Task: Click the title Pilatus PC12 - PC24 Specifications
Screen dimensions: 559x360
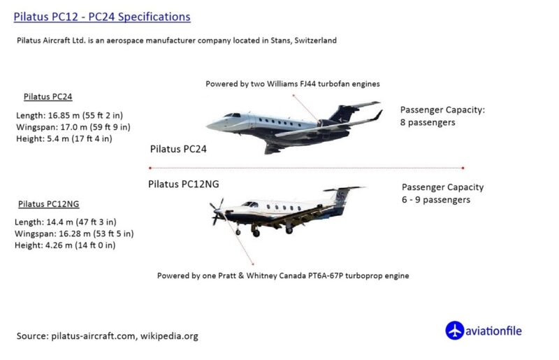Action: click(102, 17)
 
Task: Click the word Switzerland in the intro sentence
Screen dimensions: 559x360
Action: click(316, 41)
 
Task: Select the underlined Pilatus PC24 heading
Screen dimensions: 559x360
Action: click(48, 96)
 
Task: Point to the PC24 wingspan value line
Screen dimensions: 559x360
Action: click(73, 127)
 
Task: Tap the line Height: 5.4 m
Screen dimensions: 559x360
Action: click(64, 138)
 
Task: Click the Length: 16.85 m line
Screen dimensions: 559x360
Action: click(69, 115)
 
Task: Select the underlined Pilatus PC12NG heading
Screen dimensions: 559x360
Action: click(49, 204)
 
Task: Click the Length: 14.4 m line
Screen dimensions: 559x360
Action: click(66, 222)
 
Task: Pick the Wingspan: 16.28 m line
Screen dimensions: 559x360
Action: click(74, 233)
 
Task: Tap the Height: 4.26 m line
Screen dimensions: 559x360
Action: click(65, 245)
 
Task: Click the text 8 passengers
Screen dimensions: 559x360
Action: click(428, 122)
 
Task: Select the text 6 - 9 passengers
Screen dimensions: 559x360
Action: click(436, 200)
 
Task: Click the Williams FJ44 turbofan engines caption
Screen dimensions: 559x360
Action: click(293, 84)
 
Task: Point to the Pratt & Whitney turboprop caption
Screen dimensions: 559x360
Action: click(283, 276)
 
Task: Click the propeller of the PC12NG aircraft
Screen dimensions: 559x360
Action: click(217, 212)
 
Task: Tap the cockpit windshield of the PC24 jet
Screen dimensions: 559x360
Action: click(232, 115)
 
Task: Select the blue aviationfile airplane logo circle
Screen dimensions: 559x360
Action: click(455, 331)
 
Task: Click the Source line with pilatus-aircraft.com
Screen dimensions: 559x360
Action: click(108, 336)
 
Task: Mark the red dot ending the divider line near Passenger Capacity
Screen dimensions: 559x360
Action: click(463, 168)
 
